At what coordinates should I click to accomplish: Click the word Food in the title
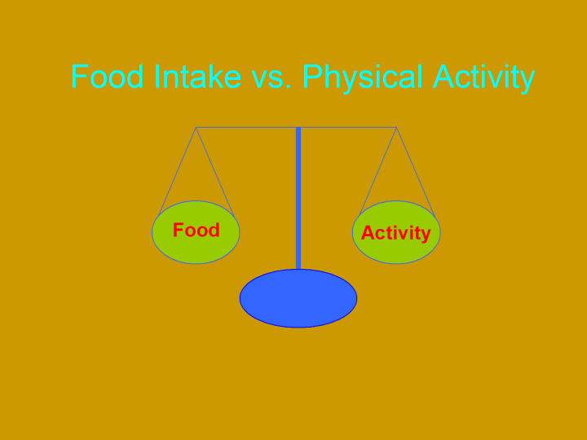click(107, 77)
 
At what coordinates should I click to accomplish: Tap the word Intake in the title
click(197, 77)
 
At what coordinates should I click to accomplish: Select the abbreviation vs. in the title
click(271, 79)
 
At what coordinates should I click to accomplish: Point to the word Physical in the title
click(362, 78)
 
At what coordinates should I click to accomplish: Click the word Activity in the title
click(483, 78)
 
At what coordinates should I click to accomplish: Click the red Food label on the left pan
click(196, 230)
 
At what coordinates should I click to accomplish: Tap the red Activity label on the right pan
click(395, 233)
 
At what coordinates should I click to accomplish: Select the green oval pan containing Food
click(196, 232)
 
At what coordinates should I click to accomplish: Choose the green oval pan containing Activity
click(396, 232)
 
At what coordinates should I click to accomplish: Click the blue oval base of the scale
click(298, 298)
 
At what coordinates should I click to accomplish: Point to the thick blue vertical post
click(298, 198)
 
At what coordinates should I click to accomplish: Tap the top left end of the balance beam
click(196, 128)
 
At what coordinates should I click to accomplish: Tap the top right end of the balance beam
click(396, 128)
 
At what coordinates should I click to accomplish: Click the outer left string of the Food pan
click(178, 171)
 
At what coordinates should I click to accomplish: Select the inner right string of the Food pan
click(215, 172)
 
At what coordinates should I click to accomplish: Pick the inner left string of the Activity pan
click(378, 171)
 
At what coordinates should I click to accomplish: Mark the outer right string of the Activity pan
click(416, 172)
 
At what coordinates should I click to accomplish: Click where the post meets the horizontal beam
click(298, 128)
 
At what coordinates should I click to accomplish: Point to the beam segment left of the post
click(246, 128)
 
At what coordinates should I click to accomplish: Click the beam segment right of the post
click(349, 128)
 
